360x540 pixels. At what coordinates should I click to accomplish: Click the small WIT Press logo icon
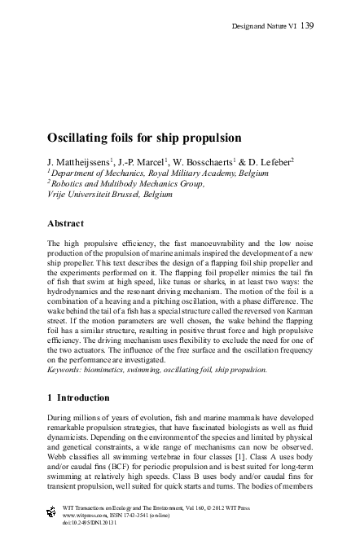53,511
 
